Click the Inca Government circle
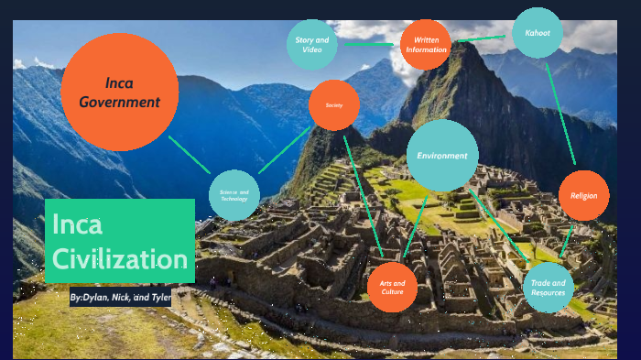coord(119,92)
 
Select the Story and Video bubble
coord(311,45)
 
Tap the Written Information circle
coord(426,45)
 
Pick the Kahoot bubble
coord(538,33)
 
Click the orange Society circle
coord(333,105)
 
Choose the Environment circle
coord(442,156)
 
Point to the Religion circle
coord(583,196)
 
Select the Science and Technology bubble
coord(234,195)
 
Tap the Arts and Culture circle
coord(392,287)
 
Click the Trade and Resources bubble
coord(548,288)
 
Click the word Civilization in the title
coord(120,258)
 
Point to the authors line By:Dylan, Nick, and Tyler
coord(120,298)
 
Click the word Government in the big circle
coord(119,102)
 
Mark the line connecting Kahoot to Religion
coord(560,111)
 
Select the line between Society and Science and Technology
coord(285,149)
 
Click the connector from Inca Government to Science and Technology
coord(190,154)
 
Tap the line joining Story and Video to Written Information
coord(370,44)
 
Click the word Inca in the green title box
coord(77,224)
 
